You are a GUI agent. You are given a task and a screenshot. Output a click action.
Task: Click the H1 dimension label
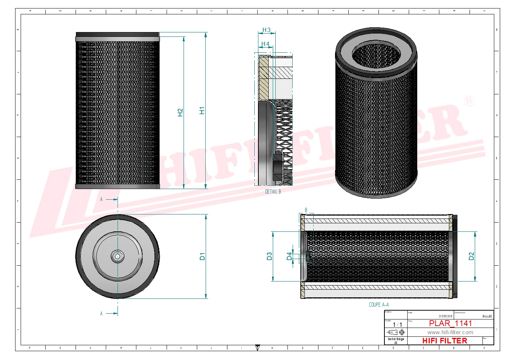202,111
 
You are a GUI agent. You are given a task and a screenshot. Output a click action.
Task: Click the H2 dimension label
180,112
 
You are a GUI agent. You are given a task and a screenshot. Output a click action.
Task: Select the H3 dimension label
266,30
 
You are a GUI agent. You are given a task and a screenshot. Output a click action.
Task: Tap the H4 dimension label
265,44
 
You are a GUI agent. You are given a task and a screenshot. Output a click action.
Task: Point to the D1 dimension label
202,256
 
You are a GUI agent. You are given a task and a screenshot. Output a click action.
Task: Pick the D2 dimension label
471,256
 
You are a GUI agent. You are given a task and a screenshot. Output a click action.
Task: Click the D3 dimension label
269,256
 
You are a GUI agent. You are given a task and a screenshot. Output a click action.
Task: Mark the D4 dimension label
289,256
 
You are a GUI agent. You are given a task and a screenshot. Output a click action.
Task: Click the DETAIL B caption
273,192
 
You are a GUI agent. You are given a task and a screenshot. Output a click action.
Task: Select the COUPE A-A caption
379,305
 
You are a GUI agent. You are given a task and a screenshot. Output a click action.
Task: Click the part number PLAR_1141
450,324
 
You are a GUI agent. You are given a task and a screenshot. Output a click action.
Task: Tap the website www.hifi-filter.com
450,332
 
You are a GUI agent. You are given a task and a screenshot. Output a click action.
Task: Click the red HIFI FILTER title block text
444,341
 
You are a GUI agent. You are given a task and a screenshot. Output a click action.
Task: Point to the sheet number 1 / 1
397,325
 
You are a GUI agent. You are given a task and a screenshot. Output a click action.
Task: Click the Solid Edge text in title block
396,339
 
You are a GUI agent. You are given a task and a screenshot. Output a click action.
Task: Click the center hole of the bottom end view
118,256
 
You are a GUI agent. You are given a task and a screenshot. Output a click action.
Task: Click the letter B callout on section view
306,210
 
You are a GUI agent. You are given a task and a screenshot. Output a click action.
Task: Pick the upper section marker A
102,199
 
